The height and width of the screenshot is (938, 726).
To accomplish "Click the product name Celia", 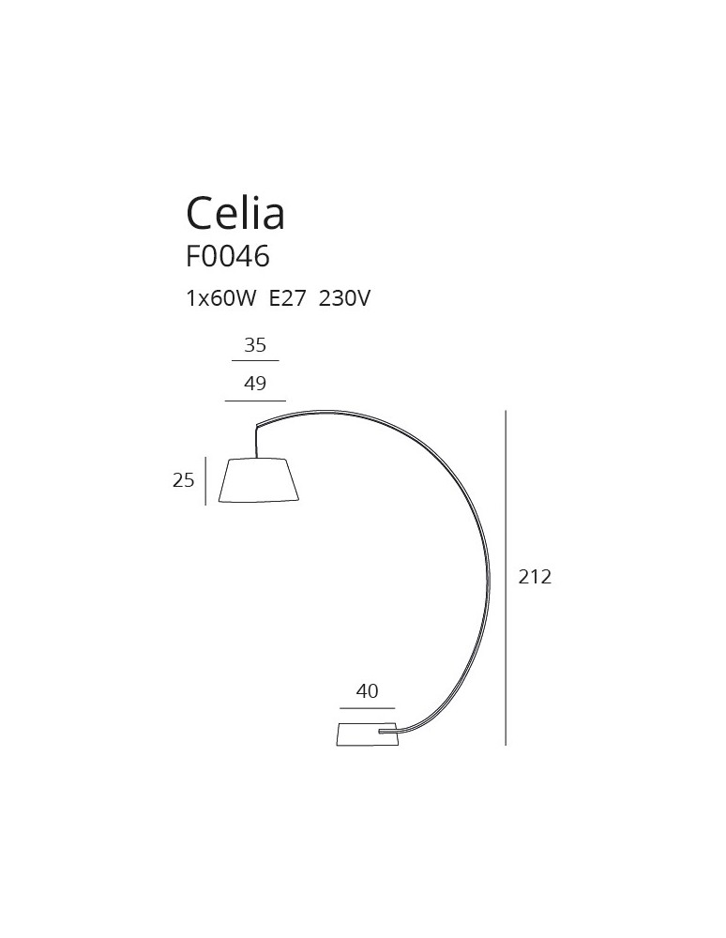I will click(235, 213).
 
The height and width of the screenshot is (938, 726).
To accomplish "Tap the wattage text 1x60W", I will click(220, 299).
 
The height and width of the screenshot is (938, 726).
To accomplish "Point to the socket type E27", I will click(287, 299).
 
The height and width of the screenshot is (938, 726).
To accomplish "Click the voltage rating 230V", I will click(345, 299).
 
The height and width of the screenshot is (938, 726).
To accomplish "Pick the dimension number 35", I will click(255, 345).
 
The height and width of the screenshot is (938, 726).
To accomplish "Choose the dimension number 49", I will click(255, 384).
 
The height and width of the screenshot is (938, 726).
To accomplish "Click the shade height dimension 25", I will click(183, 480).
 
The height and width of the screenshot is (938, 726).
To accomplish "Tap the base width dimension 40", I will click(367, 691).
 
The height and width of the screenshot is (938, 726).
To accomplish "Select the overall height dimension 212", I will click(535, 577).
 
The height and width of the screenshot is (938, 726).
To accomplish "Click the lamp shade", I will click(259, 479).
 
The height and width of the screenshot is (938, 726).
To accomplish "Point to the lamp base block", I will click(366, 734).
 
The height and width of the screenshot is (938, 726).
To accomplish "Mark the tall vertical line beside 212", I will click(506, 577).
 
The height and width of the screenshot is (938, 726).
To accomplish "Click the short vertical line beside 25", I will click(204, 480).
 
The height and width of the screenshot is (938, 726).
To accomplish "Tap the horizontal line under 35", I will click(255, 360).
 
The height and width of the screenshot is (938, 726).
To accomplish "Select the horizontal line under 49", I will click(255, 401).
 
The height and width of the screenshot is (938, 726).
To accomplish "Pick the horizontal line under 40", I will click(367, 707).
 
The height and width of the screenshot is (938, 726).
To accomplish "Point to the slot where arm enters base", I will click(386, 728).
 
